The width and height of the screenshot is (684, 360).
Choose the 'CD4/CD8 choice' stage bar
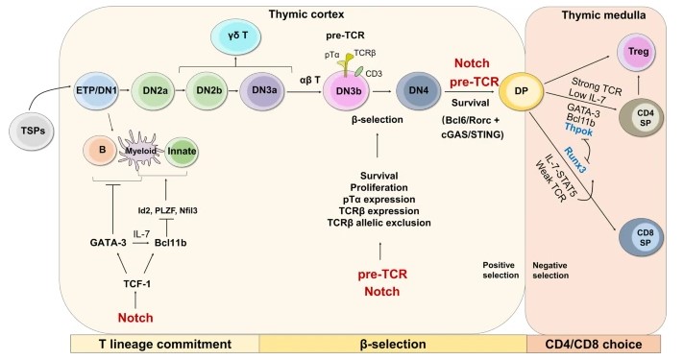pos(599,344)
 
